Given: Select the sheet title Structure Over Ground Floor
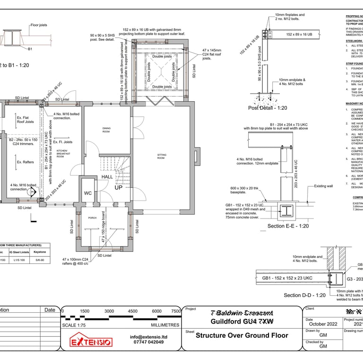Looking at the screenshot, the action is tap(242, 336).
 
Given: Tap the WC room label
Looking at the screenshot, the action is tap(88, 193).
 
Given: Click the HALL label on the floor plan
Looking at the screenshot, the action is tap(107, 177).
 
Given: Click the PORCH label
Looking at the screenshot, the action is tap(92, 218).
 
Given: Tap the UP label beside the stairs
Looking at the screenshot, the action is tap(119, 187).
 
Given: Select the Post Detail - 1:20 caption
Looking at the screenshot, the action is tap(268, 108).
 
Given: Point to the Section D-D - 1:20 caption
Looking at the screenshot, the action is tap(304, 295).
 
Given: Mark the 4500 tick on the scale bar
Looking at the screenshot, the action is tap(133, 311).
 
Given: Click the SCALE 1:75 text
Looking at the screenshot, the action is tap(78, 325).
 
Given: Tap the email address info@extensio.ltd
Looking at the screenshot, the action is tap(149, 337).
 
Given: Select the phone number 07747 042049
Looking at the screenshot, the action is tap(149, 342).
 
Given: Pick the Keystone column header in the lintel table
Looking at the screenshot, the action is tap(40, 252).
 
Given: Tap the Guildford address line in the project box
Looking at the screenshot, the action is tap(242, 322).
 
